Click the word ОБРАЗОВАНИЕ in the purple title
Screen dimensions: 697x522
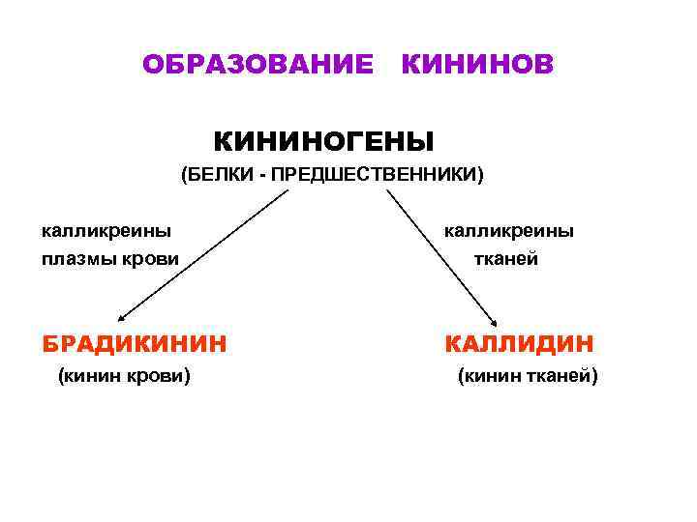click(258, 65)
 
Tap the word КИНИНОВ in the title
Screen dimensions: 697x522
click(477, 65)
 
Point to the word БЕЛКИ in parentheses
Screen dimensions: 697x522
click(222, 176)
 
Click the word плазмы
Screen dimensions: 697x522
click(76, 259)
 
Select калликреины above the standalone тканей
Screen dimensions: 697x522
click(508, 231)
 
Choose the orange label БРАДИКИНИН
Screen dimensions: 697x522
click(135, 343)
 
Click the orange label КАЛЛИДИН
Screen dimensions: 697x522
click(520, 343)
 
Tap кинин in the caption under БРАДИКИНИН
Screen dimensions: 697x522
click(92, 376)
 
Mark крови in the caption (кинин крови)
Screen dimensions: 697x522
click(159, 376)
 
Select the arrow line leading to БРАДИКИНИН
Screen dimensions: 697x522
click(203, 255)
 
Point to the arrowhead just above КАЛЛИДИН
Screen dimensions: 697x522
click(493, 325)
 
